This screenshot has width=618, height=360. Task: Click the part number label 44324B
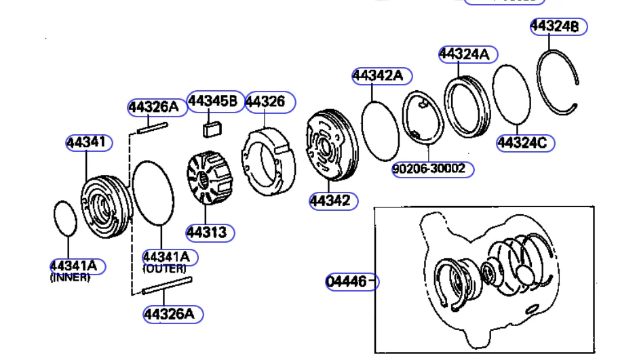click(x=554, y=26)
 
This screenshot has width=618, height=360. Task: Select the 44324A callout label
click(x=464, y=54)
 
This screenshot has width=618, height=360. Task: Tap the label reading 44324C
click(x=522, y=142)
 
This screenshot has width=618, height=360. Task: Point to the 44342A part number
click(x=378, y=75)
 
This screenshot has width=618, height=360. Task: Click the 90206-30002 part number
click(x=429, y=169)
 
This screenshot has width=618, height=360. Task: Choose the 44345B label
click(x=213, y=101)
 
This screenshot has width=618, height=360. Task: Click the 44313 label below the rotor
click(x=206, y=233)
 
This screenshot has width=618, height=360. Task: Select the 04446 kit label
click(x=347, y=281)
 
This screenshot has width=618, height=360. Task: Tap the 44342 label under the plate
click(x=330, y=201)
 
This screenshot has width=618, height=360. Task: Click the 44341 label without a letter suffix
click(x=86, y=142)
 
